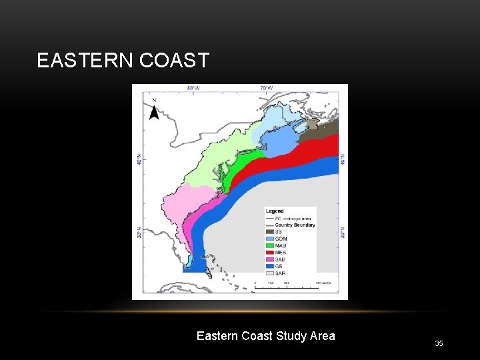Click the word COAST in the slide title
[175, 61]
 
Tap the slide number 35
[439, 343]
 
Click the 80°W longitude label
[193, 87]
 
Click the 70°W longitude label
[266, 87]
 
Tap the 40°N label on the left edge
[139, 161]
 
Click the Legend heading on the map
[275, 211]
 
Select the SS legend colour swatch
[270, 231]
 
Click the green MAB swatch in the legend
[270, 245]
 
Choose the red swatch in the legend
[270, 252]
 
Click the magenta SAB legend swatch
[270, 259]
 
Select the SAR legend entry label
[281, 273]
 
